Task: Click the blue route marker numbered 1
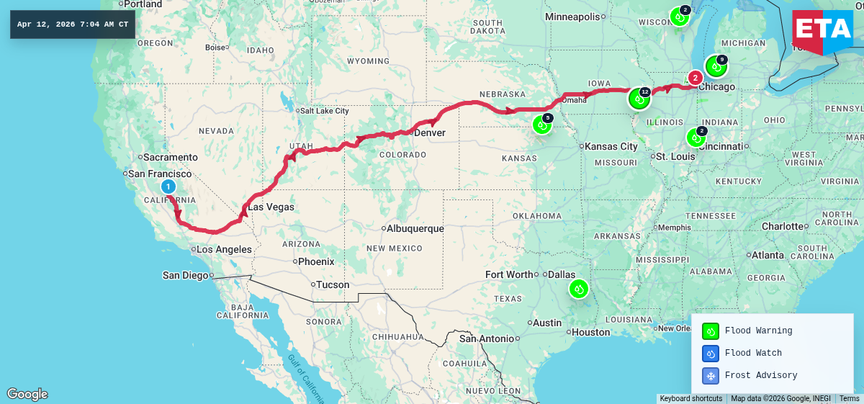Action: point(168,187)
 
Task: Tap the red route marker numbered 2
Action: point(695,78)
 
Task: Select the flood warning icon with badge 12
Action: point(639,98)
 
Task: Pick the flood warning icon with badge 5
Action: point(541,125)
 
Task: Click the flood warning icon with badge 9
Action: point(715,66)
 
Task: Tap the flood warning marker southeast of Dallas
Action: point(579,289)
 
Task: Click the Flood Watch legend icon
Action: point(711,353)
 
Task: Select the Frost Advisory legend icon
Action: point(711,375)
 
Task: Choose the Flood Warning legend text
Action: point(758,331)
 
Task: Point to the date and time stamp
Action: point(73,24)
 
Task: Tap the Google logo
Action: point(27,394)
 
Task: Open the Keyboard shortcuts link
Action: point(690,398)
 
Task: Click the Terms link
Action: point(849,398)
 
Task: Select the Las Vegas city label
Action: point(271,207)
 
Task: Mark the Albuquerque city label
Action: point(415,229)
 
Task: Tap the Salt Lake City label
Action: point(325,111)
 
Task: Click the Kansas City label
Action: point(611,146)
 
